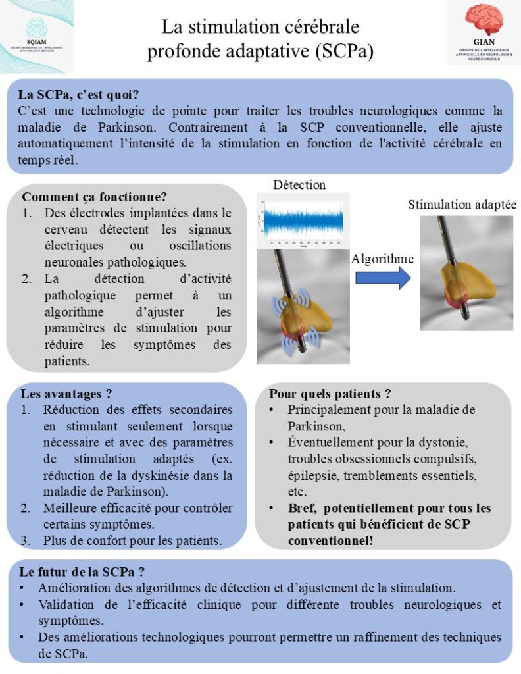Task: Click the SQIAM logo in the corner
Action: tap(36, 36)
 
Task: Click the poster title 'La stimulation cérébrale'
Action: tap(261, 28)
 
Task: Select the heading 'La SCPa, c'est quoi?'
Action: tap(78, 95)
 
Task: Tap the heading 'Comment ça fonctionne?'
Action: tap(94, 197)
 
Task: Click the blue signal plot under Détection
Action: tap(303, 220)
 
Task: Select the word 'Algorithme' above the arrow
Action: tap(382, 259)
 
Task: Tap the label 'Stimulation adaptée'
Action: tap(462, 205)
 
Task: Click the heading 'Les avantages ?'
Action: tap(66, 394)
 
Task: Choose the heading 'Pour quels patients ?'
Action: tap(330, 394)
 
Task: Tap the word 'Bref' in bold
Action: tap(302, 508)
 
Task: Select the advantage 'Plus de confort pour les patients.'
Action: tap(132, 541)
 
